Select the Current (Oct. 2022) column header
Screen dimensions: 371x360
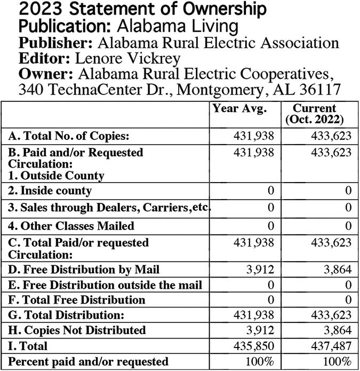(x=315, y=113)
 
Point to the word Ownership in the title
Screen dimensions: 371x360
(x=216, y=10)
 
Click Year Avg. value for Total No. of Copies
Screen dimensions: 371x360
(x=254, y=135)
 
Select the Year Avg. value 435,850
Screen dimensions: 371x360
(x=254, y=345)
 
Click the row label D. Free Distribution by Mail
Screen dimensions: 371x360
(x=84, y=270)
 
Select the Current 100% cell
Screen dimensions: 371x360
(x=337, y=361)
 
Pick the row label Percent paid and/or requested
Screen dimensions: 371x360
(x=89, y=361)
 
